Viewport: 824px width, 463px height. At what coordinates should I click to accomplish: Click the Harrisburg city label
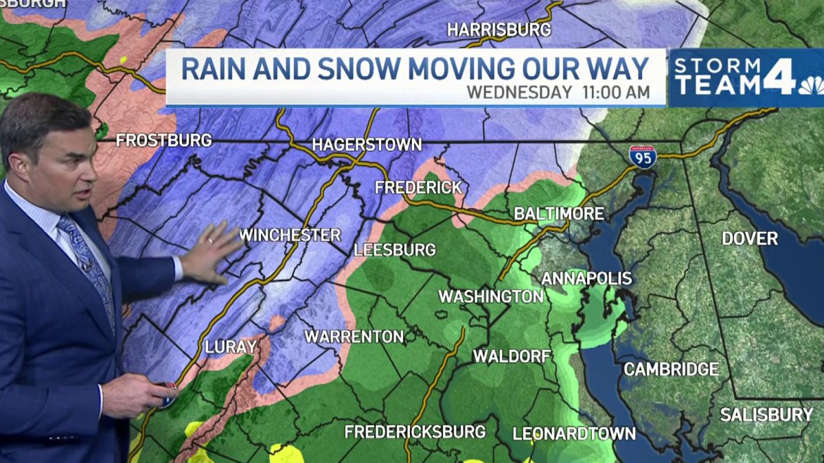click(499, 29)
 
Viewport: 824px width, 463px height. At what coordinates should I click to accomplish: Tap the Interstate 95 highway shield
click(642, 156)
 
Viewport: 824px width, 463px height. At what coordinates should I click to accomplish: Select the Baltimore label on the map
click(559, 214)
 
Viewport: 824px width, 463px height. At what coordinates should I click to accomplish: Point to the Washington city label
click(491, 296)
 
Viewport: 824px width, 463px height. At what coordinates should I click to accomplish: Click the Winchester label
click(290, 235)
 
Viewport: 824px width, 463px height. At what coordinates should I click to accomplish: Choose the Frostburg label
click(163, 141)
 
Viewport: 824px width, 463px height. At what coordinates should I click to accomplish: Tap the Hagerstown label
click(367, 145)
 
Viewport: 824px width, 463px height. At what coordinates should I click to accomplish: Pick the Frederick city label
click(417, 187)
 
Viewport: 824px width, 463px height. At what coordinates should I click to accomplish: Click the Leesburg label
click(395, 250)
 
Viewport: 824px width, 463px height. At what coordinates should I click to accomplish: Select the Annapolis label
click(586, 278)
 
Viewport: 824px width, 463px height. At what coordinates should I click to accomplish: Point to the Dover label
click(750, 239)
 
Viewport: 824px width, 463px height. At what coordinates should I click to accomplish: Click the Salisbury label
click(766, 415)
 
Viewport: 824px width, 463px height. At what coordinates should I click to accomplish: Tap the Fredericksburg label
click(415, 431)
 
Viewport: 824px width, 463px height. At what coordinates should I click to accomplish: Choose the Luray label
click(231, 347)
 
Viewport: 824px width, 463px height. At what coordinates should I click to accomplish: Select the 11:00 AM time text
click(615, 92)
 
